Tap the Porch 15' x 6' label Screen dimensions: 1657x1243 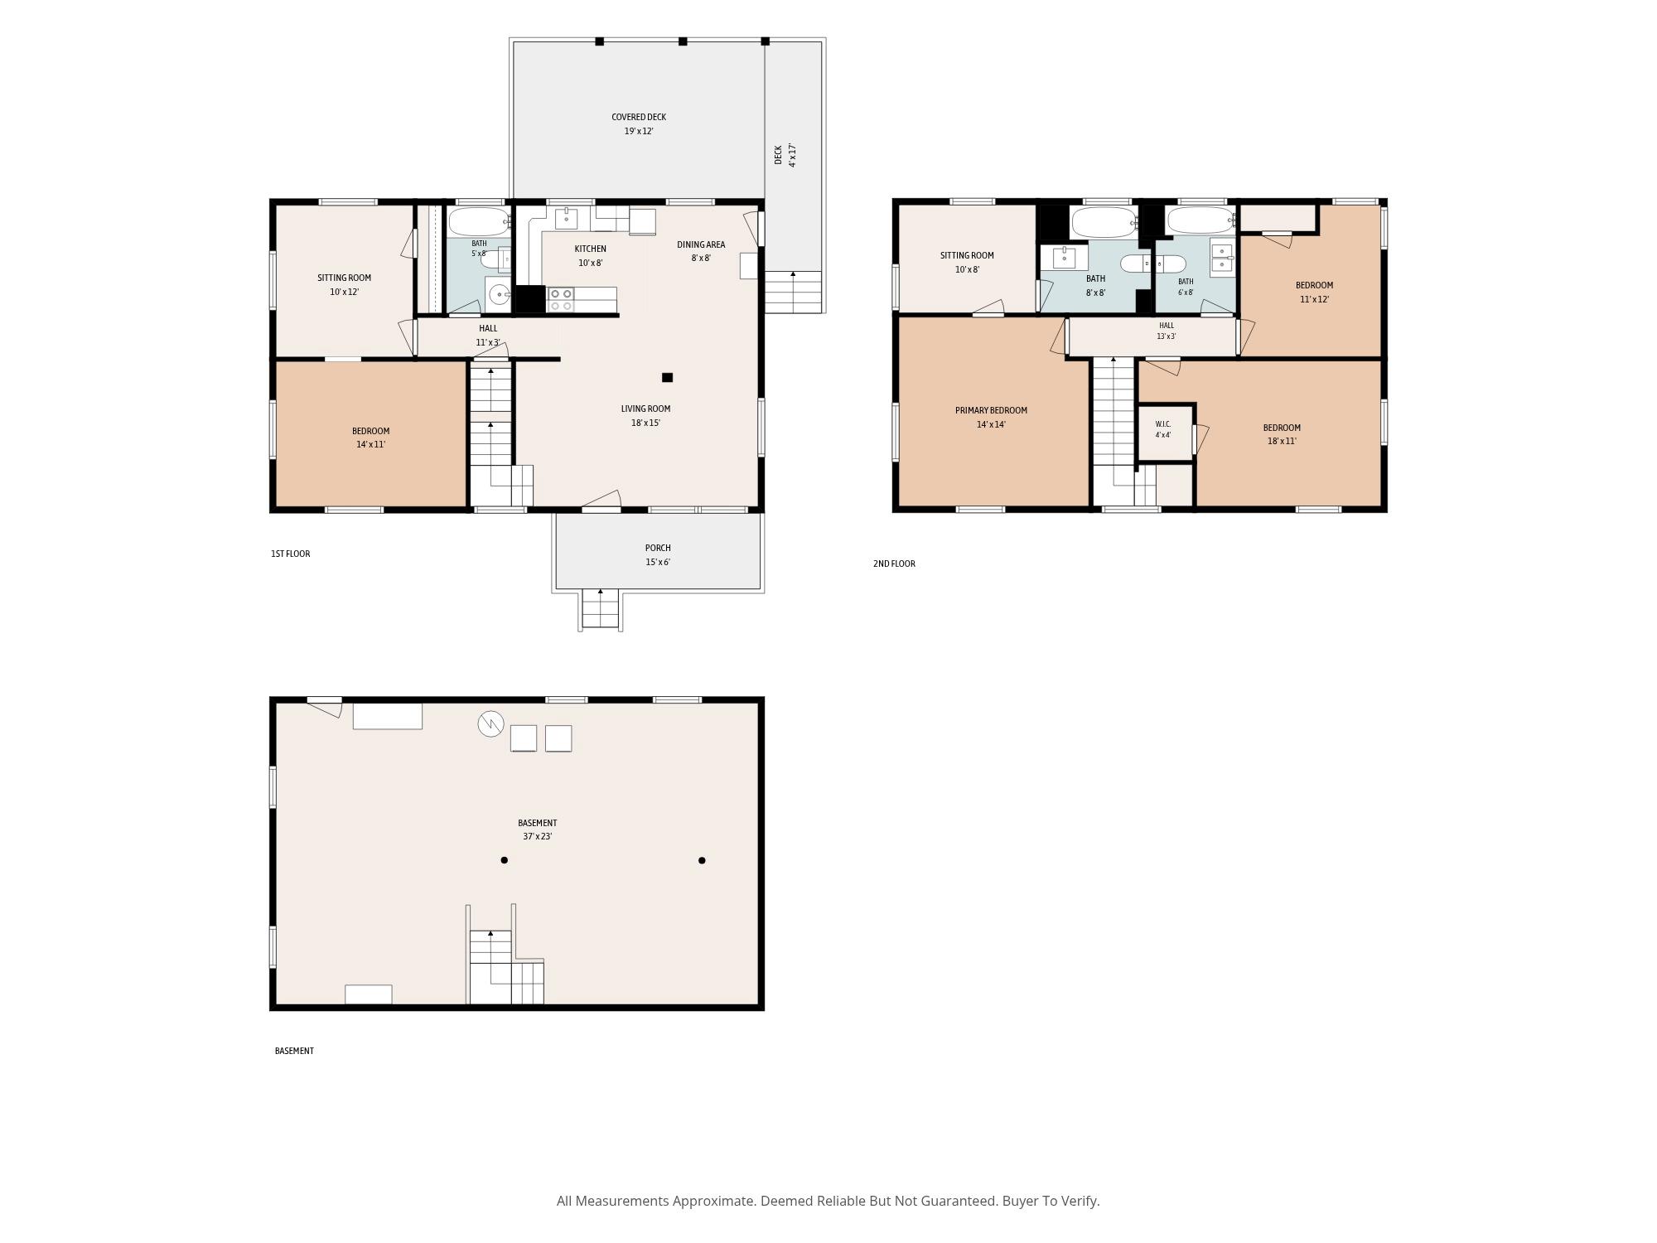(x=658, y=555)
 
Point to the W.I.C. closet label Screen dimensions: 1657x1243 (x=1163, y=424)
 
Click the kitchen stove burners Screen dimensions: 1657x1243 (x=561, y=299)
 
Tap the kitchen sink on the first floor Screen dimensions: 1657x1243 (x=566, y=219)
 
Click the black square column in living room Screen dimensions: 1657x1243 (x=667, y=378)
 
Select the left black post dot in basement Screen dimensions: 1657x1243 (x=504, y=860)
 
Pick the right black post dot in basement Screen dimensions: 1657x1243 (x=702, y=860)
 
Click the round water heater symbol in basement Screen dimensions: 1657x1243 (x=490, y=724)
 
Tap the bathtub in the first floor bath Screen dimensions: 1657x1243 (x=479, y=221)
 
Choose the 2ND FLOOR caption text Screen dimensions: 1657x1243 (x=894, y=564)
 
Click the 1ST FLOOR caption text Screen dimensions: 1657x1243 (x=290, y=554)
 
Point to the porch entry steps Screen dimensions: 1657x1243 (x=601, y=609)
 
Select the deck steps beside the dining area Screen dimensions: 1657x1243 (x=793, y=292)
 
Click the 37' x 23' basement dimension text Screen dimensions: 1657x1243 (x=537, y=837)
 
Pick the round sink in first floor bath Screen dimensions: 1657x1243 (x=499, y=293)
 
